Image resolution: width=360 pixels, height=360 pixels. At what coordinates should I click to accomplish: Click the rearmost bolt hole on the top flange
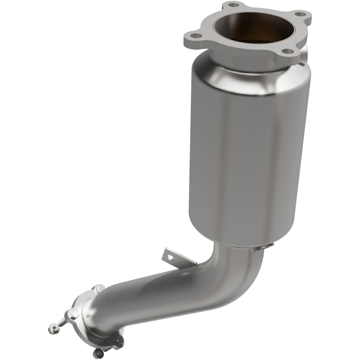(233, 5)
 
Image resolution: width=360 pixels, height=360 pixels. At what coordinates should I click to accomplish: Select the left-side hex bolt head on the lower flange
(73, 314)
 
